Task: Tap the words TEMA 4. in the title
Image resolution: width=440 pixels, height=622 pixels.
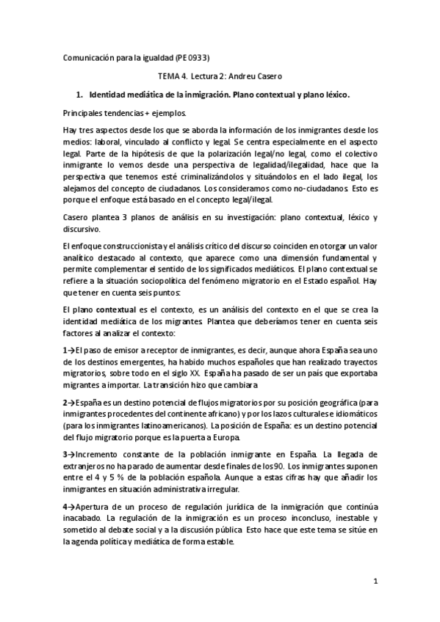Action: pyautogui.click(x=173, y=76)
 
